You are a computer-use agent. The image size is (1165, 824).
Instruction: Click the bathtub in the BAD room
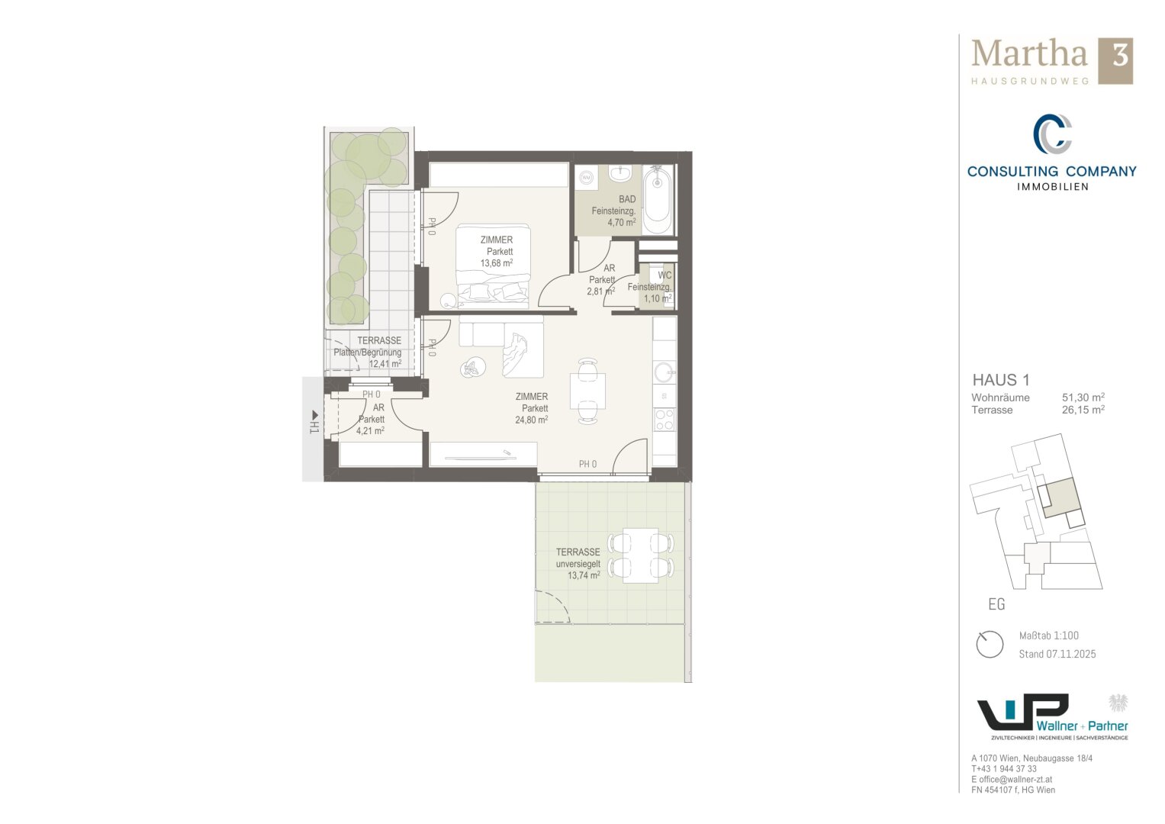click(x=658, y=199)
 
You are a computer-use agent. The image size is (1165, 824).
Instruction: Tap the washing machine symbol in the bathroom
click(x=587, y=177)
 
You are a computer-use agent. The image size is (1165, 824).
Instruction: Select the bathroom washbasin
click(x=620, y=172)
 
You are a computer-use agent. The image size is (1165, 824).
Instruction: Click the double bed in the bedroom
click(x=492, y=266)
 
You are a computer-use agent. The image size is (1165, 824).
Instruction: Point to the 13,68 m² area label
click(x=496, y=262)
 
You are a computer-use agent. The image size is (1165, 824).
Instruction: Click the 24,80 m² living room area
click(x=531, y=420)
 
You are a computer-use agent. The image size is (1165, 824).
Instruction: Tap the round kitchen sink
click(x=665, y=372)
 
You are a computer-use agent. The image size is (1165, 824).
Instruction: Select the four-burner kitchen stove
click(x=665, y=420)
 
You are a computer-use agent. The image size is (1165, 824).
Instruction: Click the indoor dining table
click(x=587, y=391)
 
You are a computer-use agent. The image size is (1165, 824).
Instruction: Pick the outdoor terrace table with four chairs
click(x=641, y=555)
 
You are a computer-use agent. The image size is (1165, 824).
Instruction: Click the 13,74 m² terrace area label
click(x=584, y=575)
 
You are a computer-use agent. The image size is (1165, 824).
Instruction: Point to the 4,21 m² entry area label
click(x=370, y=431)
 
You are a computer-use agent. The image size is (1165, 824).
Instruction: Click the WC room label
click(x=665, y=275)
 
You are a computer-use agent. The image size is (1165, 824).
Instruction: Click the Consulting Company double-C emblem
click(x=1051, y=134)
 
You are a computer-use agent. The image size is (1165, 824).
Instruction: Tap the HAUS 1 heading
click(x=1001, y=380)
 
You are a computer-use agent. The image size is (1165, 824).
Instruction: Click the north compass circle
click(x=990, y=645)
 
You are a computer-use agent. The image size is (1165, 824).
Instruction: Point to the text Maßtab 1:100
click(x=1048, y=636)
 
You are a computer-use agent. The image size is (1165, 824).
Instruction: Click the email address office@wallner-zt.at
click(x=1015, y=779)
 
